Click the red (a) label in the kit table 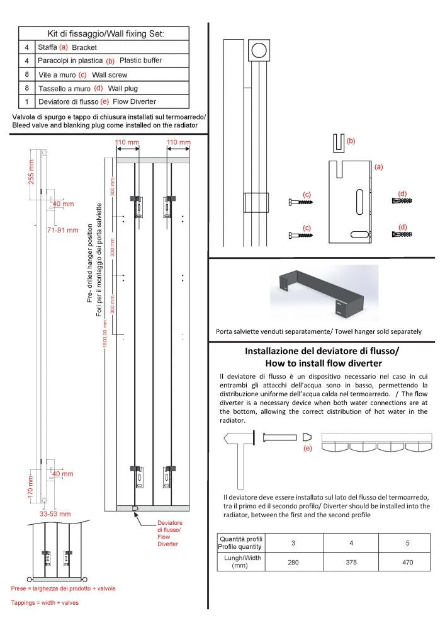[x=63, y=47]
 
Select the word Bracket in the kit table [x=86, y=47]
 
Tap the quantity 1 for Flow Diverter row [x=26, y=101]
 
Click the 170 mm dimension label [x=30, y=487]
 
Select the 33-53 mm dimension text [x=56, y=513]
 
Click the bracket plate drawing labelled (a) [x=350, y=202]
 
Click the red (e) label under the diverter [x=308, y=449]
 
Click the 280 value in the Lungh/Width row [x=293, y=562]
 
